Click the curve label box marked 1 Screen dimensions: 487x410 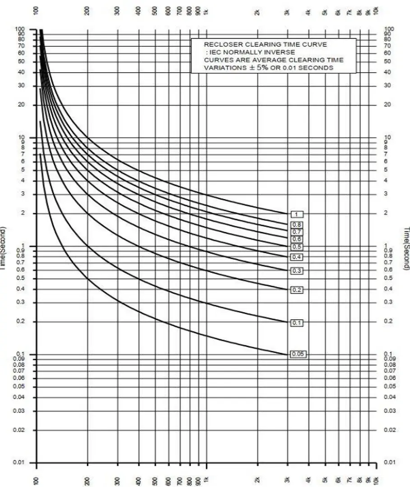click(297, 214)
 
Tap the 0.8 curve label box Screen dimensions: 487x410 click(297, 225)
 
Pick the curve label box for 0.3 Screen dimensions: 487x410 click(297, 271)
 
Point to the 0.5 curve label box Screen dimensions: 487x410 click(297, 247)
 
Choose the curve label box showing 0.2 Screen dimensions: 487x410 click(297, 290)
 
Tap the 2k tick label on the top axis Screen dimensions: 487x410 click(258, 13)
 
